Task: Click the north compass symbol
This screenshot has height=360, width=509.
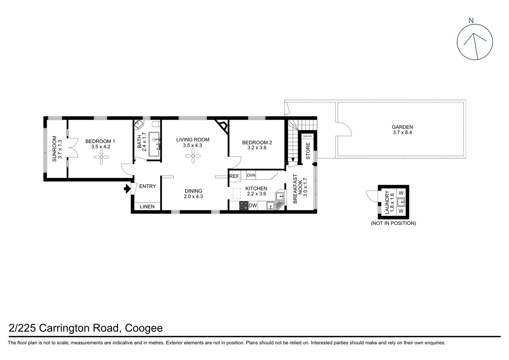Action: [x=475, y=42]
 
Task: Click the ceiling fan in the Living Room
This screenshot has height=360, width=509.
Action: [x=193, y=156]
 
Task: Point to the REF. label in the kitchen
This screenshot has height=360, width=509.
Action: [x=235, y=176]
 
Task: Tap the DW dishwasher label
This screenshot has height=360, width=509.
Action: [x=253, y=206]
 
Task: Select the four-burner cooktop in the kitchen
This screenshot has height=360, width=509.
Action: [x=244, y=206]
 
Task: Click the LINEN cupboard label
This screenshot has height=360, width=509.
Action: [x=147, y=207]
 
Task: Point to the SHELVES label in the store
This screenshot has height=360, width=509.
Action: [x=307, y=136]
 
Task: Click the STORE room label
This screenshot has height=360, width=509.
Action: [x=308, y=151]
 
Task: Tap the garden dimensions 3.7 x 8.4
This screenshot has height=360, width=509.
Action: [x=402, y=132]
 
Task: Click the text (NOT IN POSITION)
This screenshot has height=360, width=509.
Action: [x=393, y=223]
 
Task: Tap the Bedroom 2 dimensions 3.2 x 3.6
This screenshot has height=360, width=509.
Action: [x=257, y=148]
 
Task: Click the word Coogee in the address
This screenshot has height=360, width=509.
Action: [x=144, y=328]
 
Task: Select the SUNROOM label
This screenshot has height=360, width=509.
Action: [x=55, y=149]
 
